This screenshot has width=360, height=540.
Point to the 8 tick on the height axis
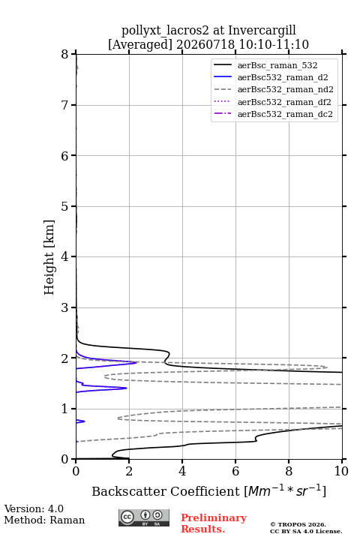pyautogui.click(x=64, y=54)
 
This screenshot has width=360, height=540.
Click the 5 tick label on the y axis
pyautogui.click(x=64, y=206)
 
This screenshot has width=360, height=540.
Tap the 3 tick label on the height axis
pyautogui.click(x=64, y=307)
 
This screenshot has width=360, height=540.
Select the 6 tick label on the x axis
pyautogui.click(x=235, y=471)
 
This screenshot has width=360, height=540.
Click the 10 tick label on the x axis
pyautogui.click(x=341, y=471)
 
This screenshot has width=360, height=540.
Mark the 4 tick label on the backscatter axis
pyautogui.click(x=182, y=471)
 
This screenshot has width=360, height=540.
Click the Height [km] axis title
pyautogui.click(x=49, y=257)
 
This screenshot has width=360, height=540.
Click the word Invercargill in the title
pyautogui.click(x=262, y=31)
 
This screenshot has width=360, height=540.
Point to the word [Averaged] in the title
pyautogui.click(x=139, y=45)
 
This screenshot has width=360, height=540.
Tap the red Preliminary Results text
pyautogui.click(x=214, y=523)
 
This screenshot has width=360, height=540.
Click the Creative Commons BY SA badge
pyautogui.click(x=144, y=517)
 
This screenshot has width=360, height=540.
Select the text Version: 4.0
pyautogui.click(x=34, y=508)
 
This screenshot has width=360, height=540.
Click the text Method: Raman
pyautogui.click(x=44, y=520)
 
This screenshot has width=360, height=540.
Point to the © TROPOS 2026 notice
pyautogui.click(x=298, y=524)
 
